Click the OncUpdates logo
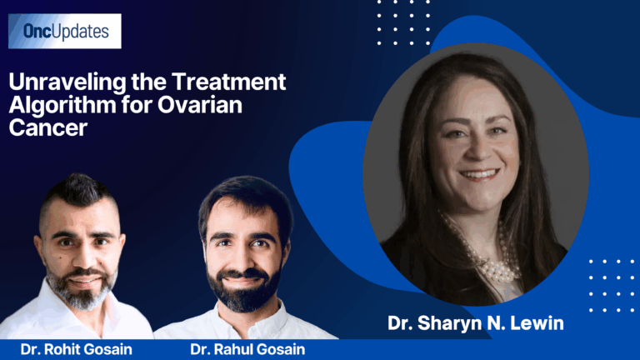pyautogui.click(x=65, y=32)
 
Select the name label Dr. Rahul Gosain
pyautogui.click(x=247, y=349)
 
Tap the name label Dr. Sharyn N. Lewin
pyautogui.click(x=476, y=322)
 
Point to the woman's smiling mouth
pyautogui.click(x=480, y=175)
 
